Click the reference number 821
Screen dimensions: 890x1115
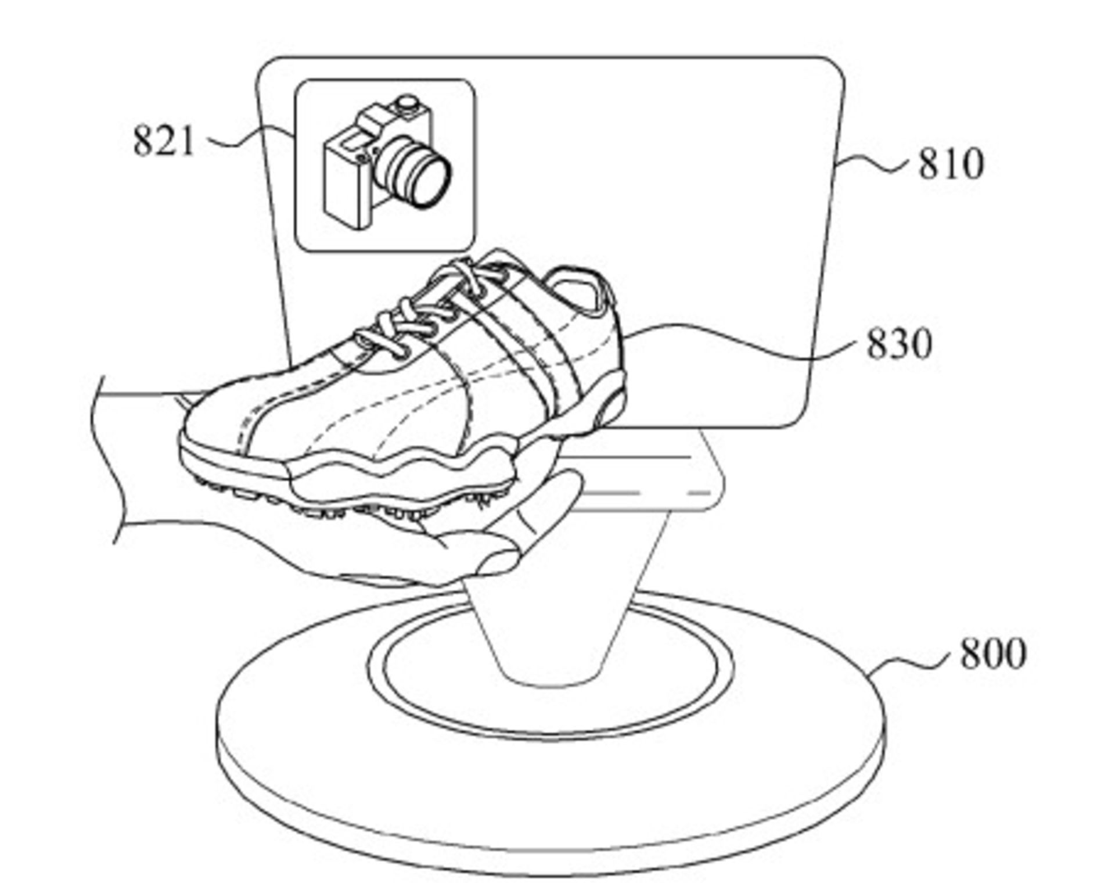(x=163, y=141)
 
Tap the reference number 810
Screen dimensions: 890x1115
(x=951, y=164)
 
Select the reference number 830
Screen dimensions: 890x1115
(x=898, y=343)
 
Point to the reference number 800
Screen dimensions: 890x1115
(x=993, y=654)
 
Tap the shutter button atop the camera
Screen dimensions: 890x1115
(x=407, y=105)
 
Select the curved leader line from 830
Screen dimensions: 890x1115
(x=743, y=343)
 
